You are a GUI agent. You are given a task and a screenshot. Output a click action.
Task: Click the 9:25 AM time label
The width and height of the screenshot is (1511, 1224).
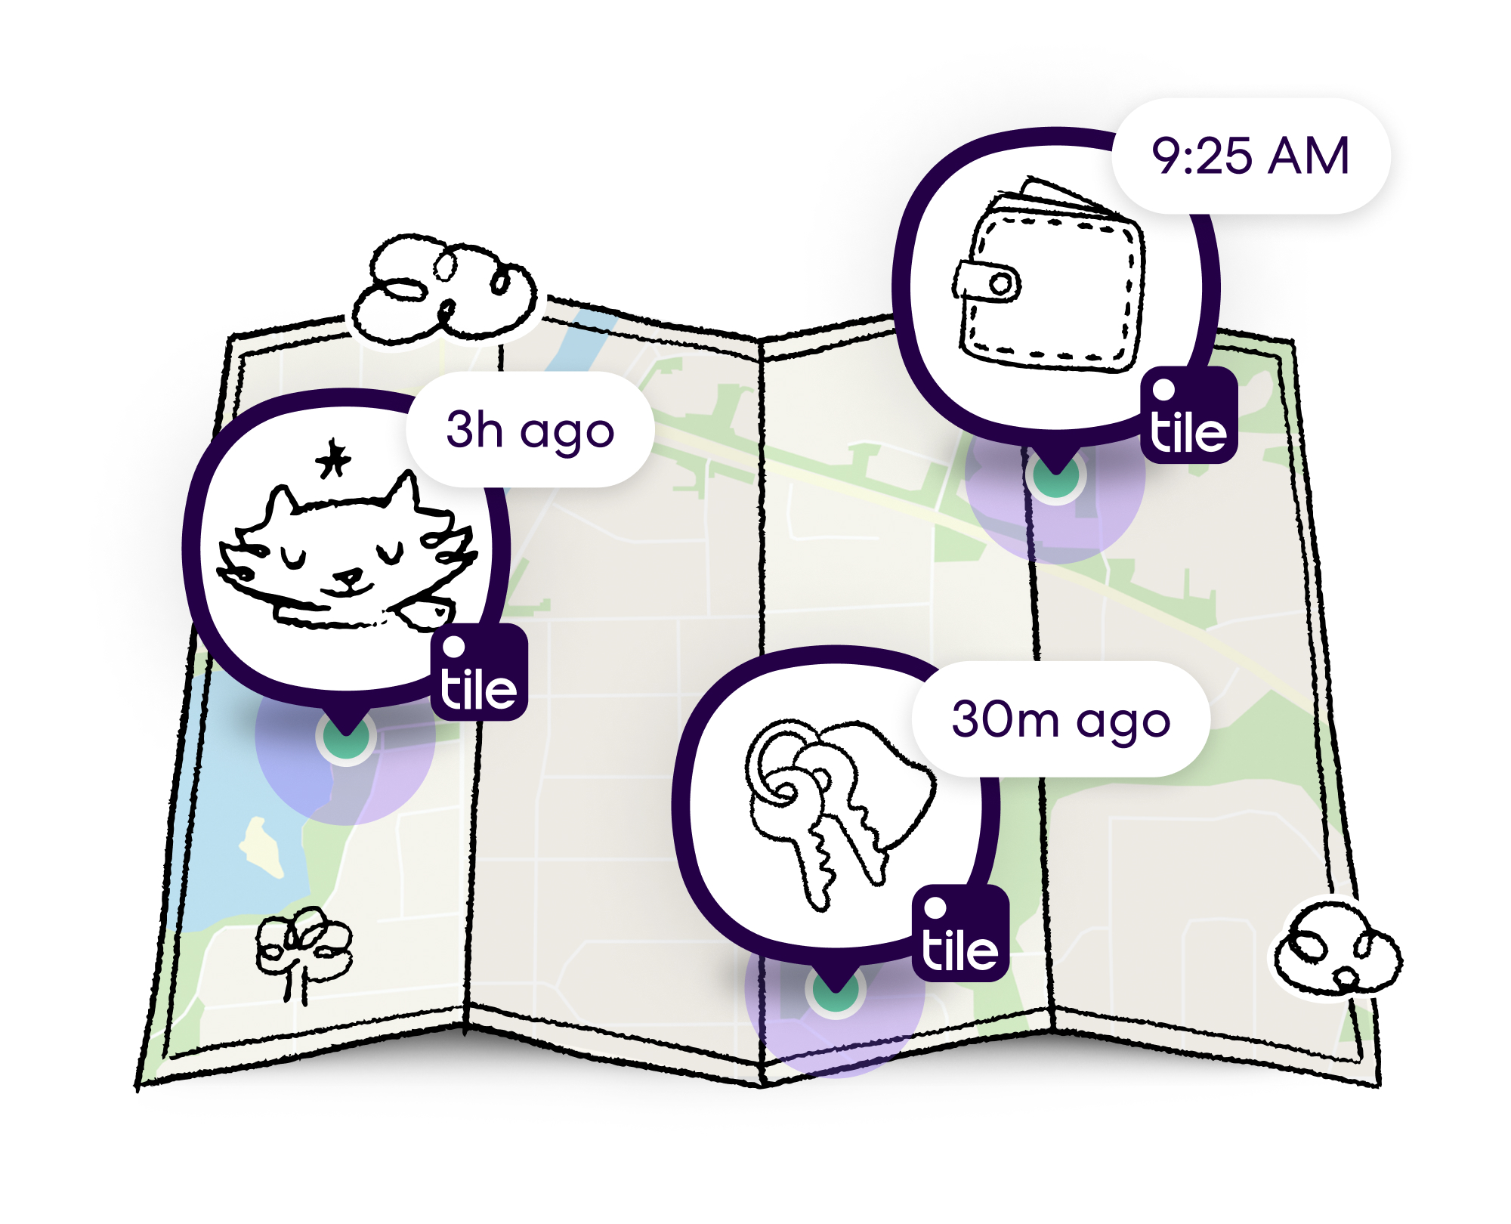1250,156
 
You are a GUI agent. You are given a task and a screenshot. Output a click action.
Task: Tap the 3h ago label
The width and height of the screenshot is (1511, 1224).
530,430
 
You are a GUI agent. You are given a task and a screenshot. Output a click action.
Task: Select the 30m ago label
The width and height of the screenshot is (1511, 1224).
1061,719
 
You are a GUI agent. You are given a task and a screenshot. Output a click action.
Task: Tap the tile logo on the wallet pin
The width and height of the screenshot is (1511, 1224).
1188,416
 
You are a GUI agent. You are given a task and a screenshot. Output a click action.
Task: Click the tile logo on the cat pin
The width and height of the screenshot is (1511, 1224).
479,673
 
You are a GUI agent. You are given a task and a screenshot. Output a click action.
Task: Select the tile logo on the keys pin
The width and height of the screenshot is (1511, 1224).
960,934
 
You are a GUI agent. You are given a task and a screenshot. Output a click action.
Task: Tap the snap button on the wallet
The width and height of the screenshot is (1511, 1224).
1001,285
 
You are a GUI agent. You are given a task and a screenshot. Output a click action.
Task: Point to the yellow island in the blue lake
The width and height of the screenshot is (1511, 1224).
261,847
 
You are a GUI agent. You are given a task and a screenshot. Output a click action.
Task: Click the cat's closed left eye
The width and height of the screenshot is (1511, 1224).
293,560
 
